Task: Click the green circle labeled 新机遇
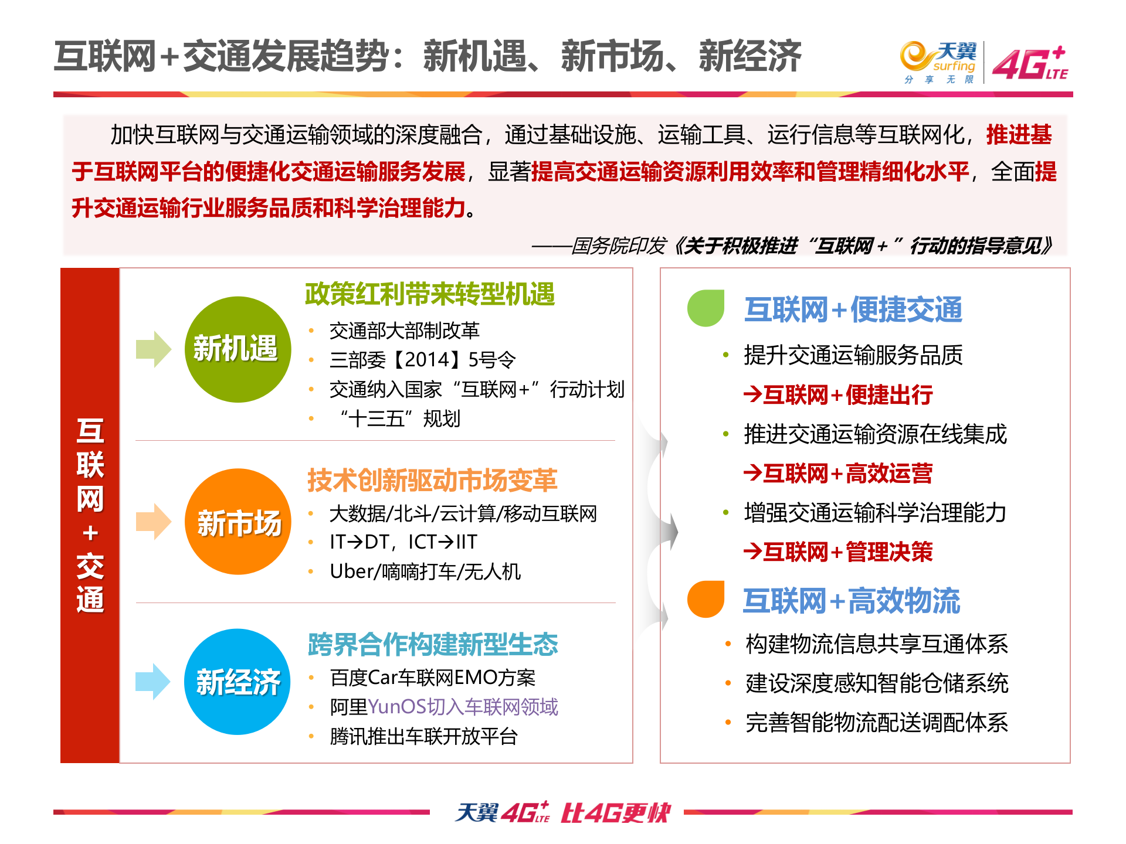[x=238, y=349]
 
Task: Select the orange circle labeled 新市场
[x=238, y=522]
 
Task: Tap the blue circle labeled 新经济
[x=238, y=682]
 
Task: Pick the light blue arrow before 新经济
[x=153, y=682]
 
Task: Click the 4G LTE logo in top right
[x=1030, y=63]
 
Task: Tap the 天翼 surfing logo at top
[x=938, y=62]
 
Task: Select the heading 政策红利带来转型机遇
[x=430, y=294]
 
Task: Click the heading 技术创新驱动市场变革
[x=432, y=480]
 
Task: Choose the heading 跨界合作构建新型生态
[x=433, y=644]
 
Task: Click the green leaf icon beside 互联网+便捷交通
[x=706, y=308]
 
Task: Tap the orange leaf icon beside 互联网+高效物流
[x=706, y=599]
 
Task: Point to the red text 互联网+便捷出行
[x=839, y=395]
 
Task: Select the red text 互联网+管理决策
[x=839, y=552]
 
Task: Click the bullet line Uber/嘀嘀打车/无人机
[x=425, y=571]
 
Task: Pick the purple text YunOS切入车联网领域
[x=463, y=707]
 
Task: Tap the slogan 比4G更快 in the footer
[x=615, y=813]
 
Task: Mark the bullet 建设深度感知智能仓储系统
[x=877, y=683]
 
